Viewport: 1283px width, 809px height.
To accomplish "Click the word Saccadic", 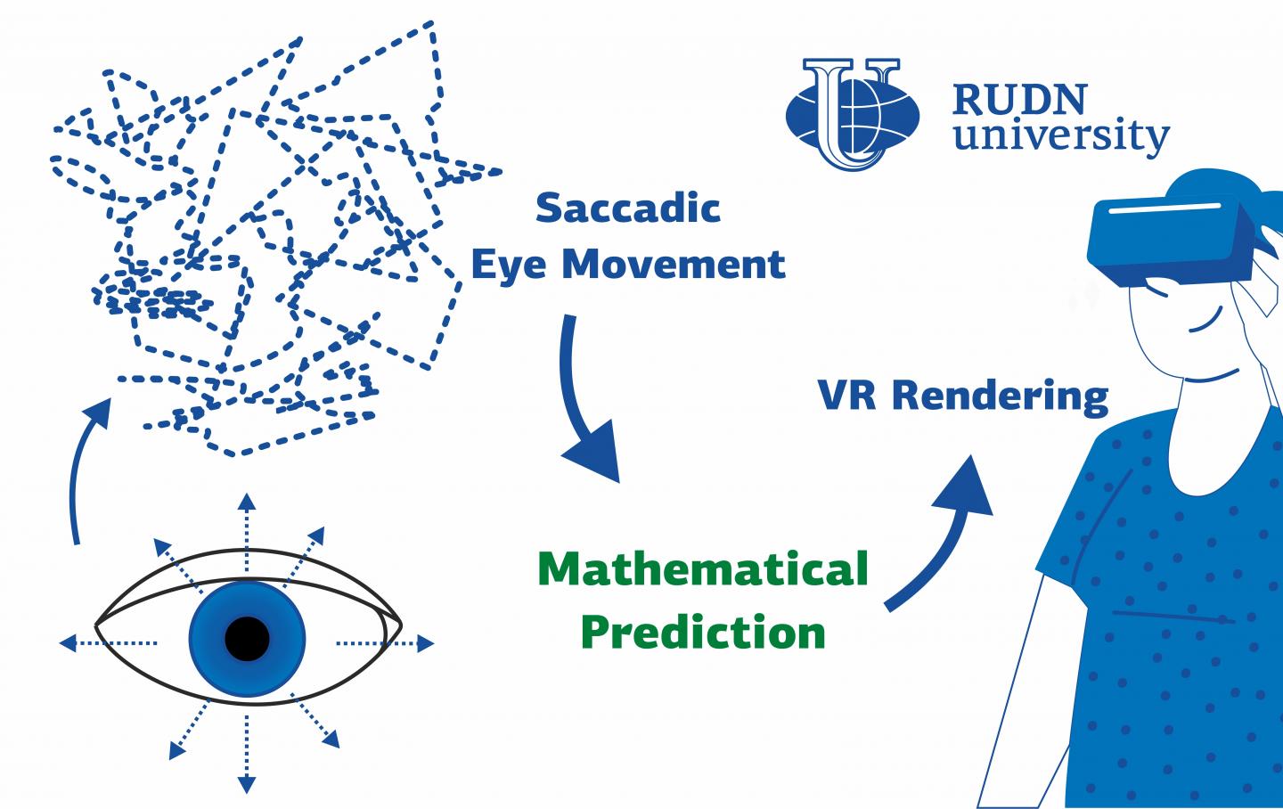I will pos(628,208).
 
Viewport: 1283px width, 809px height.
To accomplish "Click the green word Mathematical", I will pos(703,569).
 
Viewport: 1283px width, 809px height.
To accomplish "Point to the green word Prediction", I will pos(703,633).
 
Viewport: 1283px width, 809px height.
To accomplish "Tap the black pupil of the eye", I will pos(247,638).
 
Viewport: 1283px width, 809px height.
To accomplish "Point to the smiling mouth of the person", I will pos(1208,321).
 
